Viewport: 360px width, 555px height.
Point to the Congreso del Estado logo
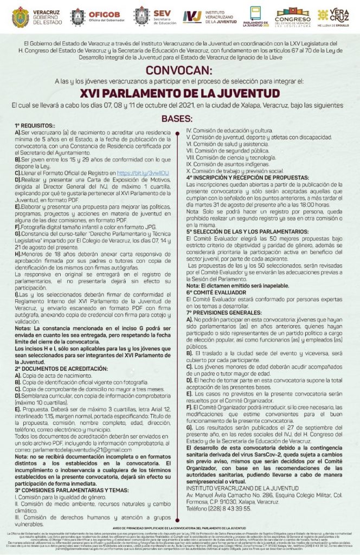click(x=293, y=16)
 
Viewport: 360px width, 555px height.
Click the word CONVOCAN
click(x=180, y=70)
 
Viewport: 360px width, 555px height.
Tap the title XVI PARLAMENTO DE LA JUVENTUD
click(x=180, y=93)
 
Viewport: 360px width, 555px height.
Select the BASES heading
click(x=180, y=119)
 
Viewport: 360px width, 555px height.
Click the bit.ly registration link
click(x=151, y=173)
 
